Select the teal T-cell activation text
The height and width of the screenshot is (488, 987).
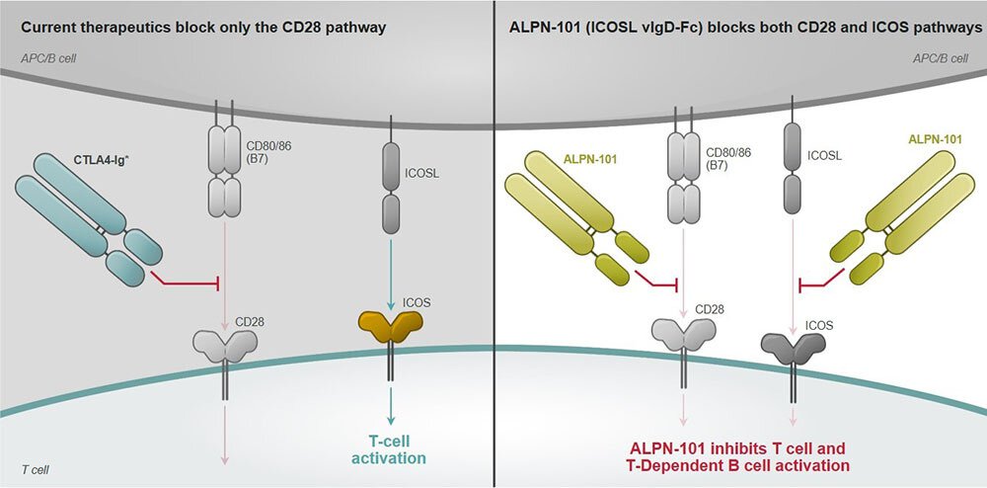391,449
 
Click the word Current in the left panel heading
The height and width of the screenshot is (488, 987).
47,28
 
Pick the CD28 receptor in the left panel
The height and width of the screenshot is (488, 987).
226,347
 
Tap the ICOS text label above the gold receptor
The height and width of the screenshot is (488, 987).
417,302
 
